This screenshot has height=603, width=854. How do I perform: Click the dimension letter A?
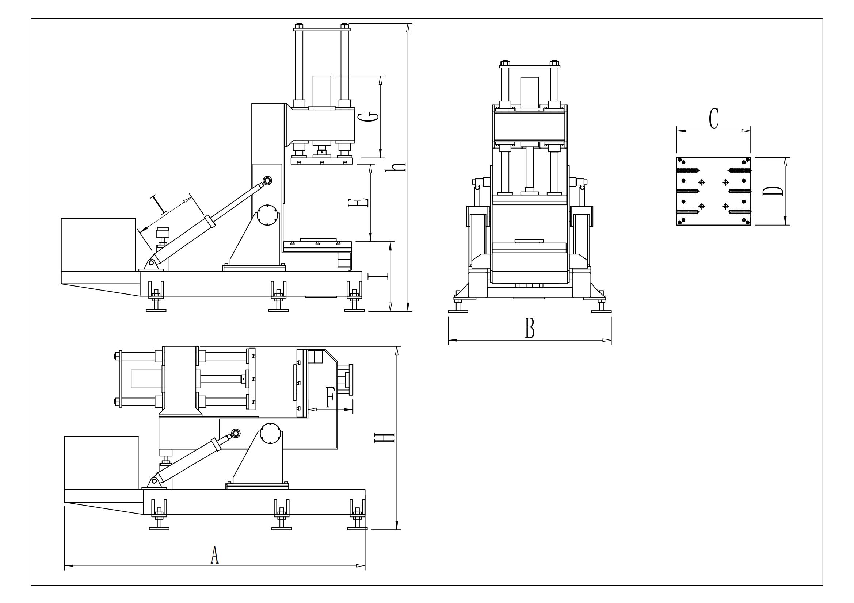[214, 556]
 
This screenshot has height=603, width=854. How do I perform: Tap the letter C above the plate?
[713, 119]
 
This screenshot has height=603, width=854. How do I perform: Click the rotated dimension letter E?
[358, 203]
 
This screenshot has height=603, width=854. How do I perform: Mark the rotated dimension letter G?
[368, 117]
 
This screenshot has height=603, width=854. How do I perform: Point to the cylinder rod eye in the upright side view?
[267, 181]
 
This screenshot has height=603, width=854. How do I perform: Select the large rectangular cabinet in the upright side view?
[98, 245]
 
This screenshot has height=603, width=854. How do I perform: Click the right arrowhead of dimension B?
[607, 340]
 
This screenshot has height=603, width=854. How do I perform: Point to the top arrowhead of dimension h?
[408, 28]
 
